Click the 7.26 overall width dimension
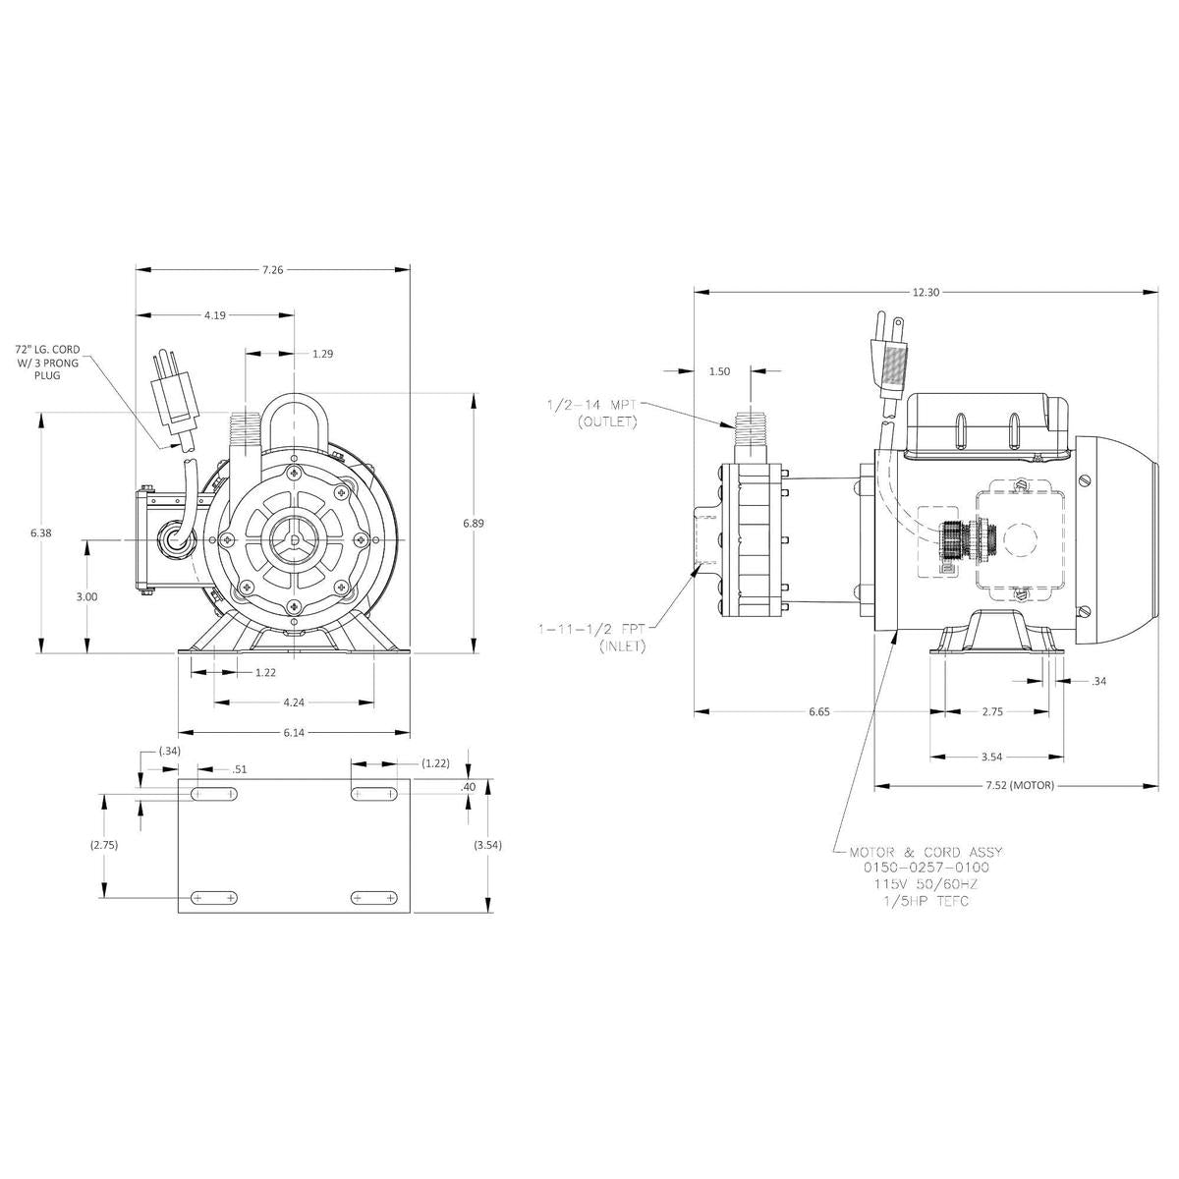[x=273, y=269]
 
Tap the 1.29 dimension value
[x=322, y=353]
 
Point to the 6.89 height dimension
[x=474, y=524]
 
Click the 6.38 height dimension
[x=41, y=532]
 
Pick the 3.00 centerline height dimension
[x=86, y=596]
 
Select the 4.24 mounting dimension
[x=293, y=702]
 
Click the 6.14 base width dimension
[x=293, y=732]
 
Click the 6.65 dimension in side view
[x=819, y=712]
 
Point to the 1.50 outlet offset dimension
[x=719, y=371]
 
